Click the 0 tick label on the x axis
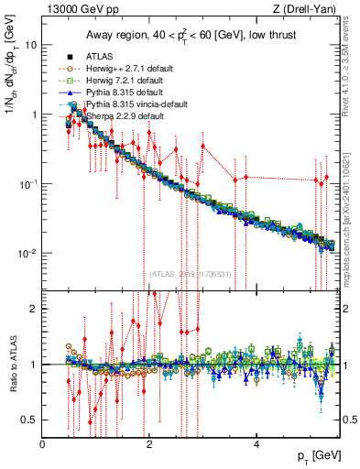pyautogui.click(x=43, y=444)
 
